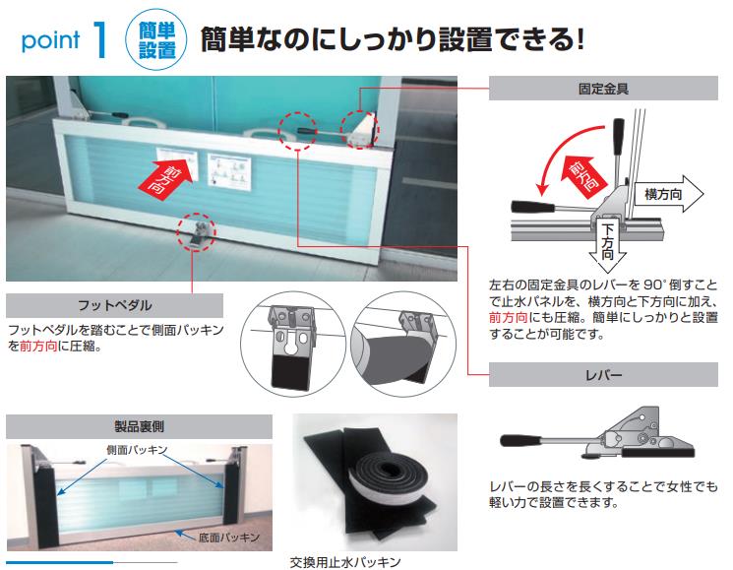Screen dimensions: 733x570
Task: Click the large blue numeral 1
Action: coord(100,39)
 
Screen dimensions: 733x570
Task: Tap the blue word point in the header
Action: coord(50,40)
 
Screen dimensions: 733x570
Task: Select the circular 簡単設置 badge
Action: coord(156,40)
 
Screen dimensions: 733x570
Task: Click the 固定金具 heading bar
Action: coord(603,89)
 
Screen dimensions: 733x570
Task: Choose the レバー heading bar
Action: coord(603,374)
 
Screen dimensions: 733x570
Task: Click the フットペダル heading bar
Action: coord(114,306)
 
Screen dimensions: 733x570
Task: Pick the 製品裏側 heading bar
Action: coord(139,426)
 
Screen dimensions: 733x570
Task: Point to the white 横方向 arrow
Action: coord(668,194)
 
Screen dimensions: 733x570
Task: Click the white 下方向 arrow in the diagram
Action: coord(607,243)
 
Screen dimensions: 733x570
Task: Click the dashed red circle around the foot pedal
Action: coord(197,232)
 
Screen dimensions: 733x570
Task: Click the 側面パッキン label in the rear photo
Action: coord(137,450)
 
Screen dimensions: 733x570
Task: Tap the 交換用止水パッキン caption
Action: coord(345,561)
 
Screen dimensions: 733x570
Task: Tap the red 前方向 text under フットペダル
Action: coord(38,346)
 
